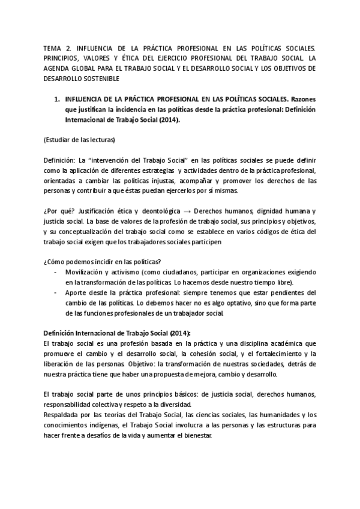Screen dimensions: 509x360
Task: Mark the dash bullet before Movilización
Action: point(56,272)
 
